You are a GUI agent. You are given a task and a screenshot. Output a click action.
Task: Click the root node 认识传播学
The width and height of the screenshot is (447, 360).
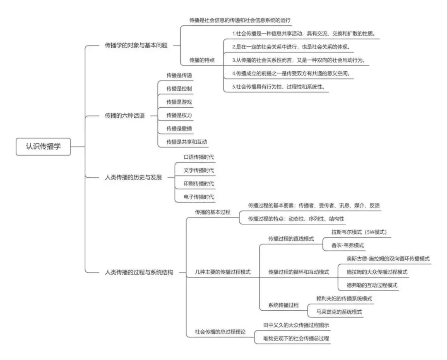coord(43,146)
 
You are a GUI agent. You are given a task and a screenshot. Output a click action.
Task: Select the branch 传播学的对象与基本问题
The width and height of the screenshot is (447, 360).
coord(136,46)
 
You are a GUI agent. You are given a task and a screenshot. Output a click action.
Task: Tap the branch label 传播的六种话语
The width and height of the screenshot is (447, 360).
coord(125,116)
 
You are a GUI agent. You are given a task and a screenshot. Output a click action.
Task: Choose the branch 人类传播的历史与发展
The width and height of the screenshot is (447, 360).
coord(133,177)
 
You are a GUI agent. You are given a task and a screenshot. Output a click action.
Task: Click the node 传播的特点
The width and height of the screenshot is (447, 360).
coord(202,60)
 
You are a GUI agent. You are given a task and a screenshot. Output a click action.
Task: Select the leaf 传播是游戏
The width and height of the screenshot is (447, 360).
coord(179,102)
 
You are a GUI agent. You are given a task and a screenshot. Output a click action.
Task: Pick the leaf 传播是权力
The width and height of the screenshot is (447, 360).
coord(179,115)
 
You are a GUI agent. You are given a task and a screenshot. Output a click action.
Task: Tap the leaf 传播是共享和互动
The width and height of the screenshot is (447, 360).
coord(187,142)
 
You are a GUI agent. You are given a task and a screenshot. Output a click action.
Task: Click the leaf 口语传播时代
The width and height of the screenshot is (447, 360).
coord(199,157)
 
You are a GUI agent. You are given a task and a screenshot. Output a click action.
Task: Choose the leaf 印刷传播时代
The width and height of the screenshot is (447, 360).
coord(199,183)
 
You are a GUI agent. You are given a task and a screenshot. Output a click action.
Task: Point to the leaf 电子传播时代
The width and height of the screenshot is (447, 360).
coord(199,196)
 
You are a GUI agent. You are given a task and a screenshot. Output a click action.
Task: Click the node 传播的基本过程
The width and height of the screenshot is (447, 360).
coord(213,212)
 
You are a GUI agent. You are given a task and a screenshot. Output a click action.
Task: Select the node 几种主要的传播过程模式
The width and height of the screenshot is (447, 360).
coord(223,272)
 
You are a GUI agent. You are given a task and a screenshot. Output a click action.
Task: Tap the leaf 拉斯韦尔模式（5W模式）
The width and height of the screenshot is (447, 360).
coord(359,232)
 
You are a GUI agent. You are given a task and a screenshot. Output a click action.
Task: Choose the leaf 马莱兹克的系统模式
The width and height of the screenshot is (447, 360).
coord(339,312)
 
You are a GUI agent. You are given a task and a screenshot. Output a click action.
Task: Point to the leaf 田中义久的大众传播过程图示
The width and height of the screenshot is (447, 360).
coord(296,325)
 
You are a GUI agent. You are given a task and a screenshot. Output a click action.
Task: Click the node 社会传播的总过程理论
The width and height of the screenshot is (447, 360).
coord(220,332)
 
